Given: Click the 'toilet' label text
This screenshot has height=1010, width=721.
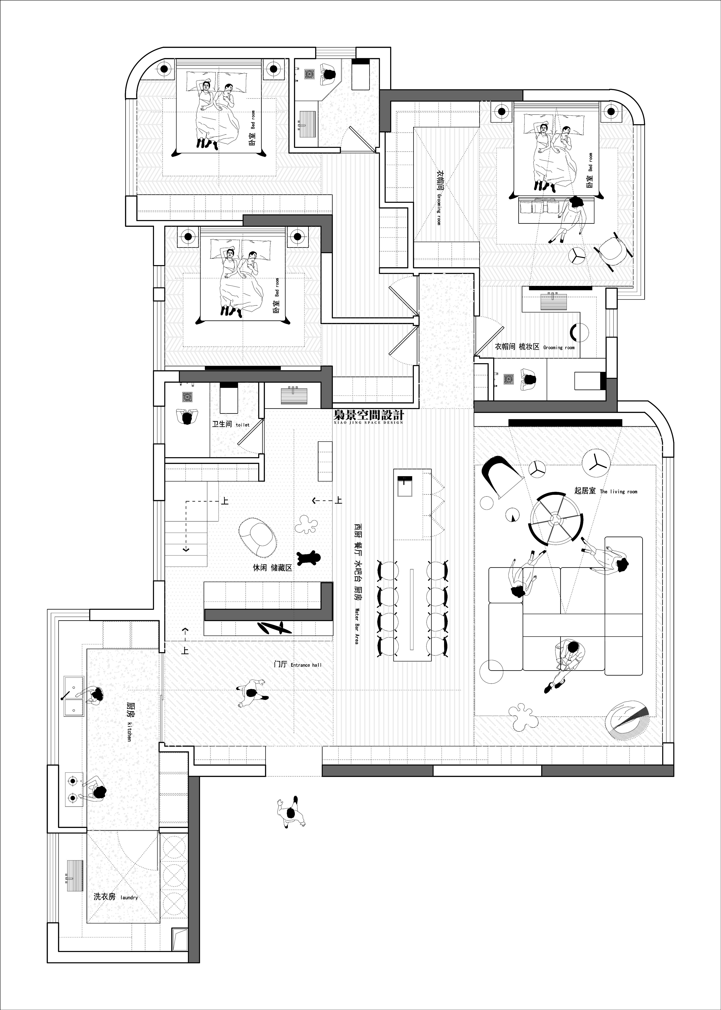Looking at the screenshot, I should point(242,425).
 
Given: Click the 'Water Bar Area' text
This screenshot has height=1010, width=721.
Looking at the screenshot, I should point(357,626).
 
